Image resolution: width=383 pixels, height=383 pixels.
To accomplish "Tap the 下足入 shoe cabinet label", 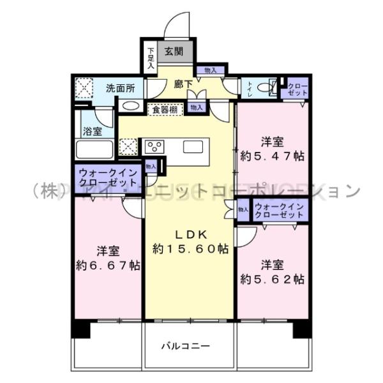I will tap(150, 57).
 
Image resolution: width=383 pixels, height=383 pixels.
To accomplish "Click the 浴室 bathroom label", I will tap(93, 131).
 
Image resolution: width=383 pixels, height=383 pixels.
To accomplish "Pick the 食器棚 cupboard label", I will tap(166, 110).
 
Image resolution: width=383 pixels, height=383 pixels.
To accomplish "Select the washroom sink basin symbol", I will tap(130, 106).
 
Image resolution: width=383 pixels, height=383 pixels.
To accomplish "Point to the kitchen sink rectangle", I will tap(193, 147).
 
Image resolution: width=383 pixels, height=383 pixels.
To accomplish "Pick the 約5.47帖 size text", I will tap(273, 155).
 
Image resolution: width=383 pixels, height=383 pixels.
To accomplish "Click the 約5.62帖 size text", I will tap(272, 279).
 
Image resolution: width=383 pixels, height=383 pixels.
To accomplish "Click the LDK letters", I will tap(190, 233).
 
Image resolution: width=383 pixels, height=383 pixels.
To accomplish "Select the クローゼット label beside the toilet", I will tap(296, 89).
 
